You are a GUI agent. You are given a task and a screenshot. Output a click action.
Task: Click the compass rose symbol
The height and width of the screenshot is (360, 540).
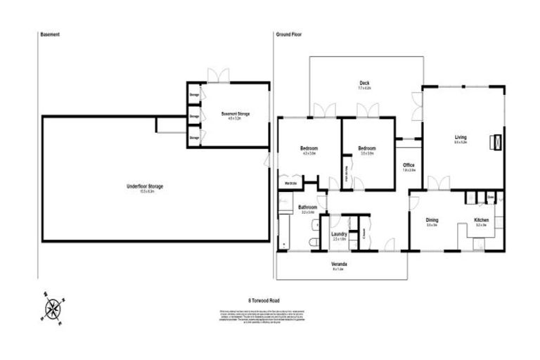coord(53,308)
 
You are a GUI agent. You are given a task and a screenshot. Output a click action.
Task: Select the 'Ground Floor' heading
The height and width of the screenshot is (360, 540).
coord(289,34)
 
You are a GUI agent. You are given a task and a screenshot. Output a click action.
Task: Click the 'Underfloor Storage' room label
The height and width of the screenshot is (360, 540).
coord(145,186)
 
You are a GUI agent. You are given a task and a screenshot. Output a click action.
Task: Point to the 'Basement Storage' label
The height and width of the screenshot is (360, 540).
coord(235,114)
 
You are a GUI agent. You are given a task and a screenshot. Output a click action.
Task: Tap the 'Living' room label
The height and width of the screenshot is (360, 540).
coord(461,137)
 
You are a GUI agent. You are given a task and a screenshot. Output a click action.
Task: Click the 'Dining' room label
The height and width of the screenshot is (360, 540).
coord(432,220)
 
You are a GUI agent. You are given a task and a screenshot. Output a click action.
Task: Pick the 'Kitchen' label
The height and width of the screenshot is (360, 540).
coord(482,220)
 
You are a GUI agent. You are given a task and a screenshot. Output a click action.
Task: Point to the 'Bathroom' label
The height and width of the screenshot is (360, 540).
coord(308,207)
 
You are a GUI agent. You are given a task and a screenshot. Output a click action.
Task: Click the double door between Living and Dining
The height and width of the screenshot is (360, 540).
coord(439,184)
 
